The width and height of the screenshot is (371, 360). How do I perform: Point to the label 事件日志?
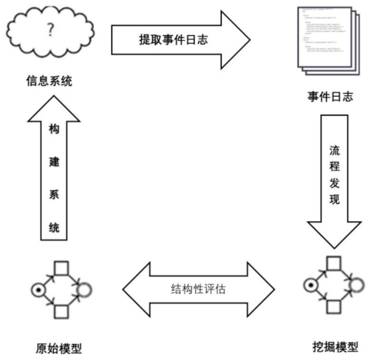(330, 97)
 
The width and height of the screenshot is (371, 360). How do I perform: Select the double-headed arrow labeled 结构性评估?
(198, 289)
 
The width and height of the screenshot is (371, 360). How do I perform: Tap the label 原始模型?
(56, 348)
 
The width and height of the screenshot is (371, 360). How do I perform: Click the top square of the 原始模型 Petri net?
(61, 268)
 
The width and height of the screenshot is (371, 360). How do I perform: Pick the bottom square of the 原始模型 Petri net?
(61, 311)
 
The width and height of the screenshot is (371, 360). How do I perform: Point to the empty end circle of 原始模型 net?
(85, 289)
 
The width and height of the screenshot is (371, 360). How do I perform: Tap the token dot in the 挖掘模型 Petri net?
(310, 285)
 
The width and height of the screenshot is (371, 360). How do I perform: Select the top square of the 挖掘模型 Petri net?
(333, 263)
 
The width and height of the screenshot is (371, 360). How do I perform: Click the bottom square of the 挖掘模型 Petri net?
(333, 307)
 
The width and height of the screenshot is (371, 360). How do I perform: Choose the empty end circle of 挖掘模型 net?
(358, 285)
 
